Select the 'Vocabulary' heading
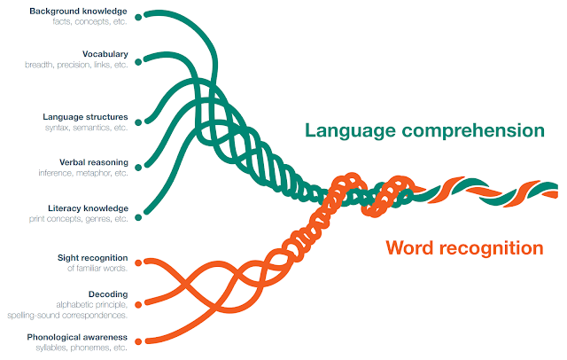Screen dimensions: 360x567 (x=105, y=54)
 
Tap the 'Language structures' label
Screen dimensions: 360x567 (x=85, y=116)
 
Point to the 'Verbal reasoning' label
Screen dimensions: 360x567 (x=94, y=162)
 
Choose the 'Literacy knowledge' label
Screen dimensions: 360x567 (x=88, y=207)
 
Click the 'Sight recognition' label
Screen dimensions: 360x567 (x=91, y=256)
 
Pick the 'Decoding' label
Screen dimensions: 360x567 (x=108, y=293)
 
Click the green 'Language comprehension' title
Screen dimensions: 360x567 (x=423, y=130)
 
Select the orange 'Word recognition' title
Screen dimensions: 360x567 (x=463, y=247)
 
